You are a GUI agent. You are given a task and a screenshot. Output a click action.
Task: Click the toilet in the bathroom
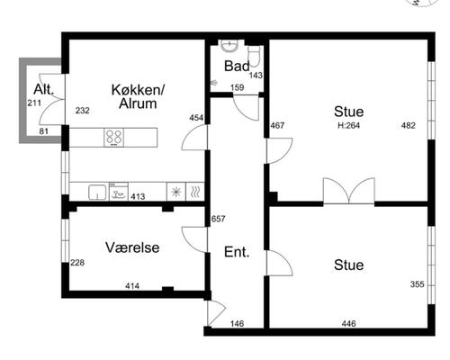(254, 56)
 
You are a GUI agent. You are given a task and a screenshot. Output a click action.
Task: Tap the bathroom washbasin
(229, 46)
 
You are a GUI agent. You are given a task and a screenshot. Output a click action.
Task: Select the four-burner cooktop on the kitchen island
(114, 138)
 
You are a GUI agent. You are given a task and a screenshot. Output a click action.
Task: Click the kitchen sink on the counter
(97, 192)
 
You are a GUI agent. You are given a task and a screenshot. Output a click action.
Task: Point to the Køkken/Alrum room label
(138, 96)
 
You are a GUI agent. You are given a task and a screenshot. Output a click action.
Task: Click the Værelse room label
(132, 247)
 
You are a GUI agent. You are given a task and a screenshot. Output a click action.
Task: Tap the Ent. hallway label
(237, 252)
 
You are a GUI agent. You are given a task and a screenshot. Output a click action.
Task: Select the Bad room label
(237, 66)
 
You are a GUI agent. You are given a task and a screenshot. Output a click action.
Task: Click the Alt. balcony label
(44, 89)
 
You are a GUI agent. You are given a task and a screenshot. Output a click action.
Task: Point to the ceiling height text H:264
(348, 125)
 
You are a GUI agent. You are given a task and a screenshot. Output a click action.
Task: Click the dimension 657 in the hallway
(218, 219)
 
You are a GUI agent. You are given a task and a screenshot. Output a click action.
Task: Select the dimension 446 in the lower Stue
(349, 323)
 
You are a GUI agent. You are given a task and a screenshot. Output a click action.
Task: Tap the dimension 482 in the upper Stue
(409, 125)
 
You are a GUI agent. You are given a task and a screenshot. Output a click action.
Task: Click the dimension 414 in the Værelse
(132, 286)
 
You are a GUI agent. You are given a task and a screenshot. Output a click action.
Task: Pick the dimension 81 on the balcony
(44, 131)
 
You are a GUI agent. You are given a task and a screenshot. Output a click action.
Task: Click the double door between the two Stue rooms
(349, 191)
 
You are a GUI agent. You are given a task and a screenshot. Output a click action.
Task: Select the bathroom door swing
(246, 108)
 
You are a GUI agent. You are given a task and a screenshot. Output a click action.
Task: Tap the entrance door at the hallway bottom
(216, 313)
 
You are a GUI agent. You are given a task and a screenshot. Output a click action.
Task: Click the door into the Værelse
(194, 239)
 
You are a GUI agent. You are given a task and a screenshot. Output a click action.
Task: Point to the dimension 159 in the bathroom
(237, 87)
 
